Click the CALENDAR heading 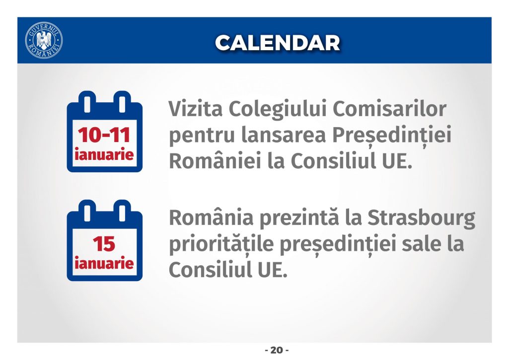coord(277,43)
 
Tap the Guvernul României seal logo coord(44,40)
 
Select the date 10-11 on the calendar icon coord(104,135)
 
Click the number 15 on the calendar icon coord(104,244)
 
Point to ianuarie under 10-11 coord(104,154)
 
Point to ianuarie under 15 coord(104,263)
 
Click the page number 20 coord(277,350)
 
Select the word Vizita coord(196,109)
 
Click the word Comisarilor coord(389,109)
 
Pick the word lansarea coord(284,136)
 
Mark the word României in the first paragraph coord(215,161)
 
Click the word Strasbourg coord(422,218)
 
